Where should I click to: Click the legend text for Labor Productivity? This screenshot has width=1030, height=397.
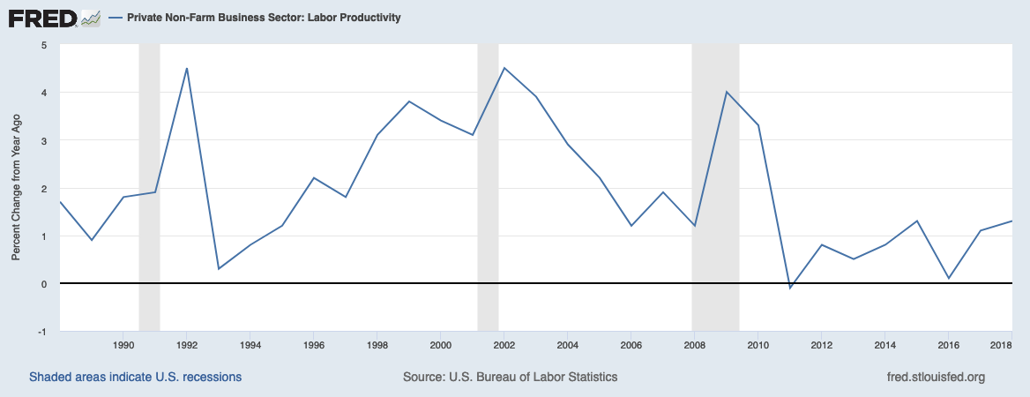(x=264, y=18)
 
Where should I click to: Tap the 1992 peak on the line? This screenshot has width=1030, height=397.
(x=187, y=68)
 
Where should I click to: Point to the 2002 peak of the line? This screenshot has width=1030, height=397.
(x=504, y=68)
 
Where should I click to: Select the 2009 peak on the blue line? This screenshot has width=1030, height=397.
(x=727, y=92)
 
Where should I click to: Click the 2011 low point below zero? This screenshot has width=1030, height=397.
(x=790, y=288)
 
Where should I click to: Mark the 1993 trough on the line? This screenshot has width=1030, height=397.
(x=219, y=268)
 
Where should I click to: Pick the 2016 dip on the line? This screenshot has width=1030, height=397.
(x=949, y=278)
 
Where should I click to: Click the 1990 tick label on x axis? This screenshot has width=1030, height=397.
(x=123, y=344)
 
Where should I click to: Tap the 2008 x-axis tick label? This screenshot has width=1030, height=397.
(x=695, y=344)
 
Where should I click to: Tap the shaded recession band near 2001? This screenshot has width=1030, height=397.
(x=488, y=176)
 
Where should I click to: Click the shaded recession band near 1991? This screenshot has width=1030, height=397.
(x=149, y=176)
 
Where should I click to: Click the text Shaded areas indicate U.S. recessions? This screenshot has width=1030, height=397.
(x=135, y=377)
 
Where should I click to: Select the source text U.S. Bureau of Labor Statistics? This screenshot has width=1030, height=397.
(x=510, y=377)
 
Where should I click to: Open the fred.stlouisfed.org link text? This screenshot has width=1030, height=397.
(x=935, y=377)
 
